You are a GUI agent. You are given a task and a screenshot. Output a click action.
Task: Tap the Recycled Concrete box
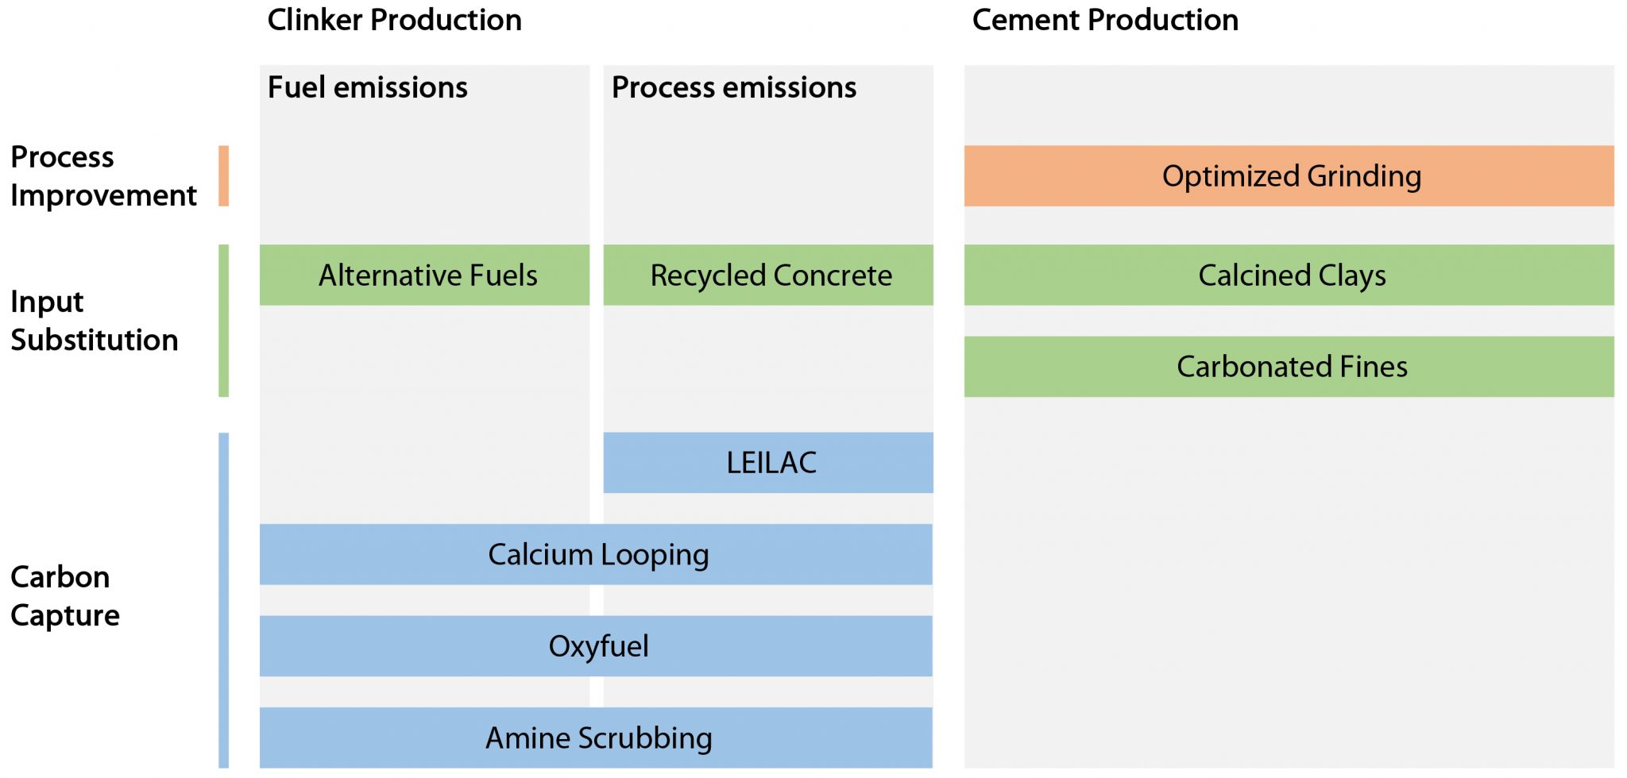(768, 275)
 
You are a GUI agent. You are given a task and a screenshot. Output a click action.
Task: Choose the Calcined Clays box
(1289, 275)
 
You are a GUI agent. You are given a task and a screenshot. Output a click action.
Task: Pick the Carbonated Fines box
(1289, 367)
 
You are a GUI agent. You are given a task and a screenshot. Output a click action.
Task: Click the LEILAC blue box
(768, 463)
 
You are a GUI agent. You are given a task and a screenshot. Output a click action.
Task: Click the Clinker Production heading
(394, 20)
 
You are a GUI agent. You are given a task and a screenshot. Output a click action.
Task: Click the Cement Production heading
(1105, 20)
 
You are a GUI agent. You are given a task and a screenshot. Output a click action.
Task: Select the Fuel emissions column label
(367, 87)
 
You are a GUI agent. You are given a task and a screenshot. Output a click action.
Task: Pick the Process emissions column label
(733, 87)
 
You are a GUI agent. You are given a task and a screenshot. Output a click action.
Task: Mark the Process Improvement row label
(102, 176)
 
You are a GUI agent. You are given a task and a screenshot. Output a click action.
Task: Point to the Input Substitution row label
(94, 321)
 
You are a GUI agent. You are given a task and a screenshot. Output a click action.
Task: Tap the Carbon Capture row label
(64, 596)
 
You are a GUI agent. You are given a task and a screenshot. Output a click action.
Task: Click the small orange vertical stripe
(224, 176)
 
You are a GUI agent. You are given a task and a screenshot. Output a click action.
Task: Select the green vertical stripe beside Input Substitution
(224, 321)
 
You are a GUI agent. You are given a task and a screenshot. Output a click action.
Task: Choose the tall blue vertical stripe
(224, 600)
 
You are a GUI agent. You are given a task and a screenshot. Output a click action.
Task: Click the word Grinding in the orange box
(1363, 176)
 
